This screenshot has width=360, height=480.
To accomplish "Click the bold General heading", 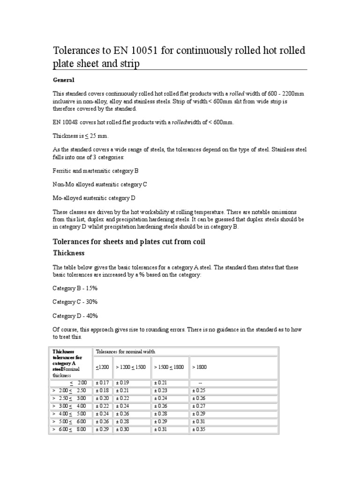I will tap(63, 80).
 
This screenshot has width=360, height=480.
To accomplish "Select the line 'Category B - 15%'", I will tap(75, 288).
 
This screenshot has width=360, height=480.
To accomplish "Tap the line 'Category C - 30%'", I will tap(75, 302).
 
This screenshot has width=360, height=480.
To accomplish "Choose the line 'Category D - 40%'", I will tap(75, 316).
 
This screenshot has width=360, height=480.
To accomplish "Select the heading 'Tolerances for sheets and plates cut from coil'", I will tap(129, 242).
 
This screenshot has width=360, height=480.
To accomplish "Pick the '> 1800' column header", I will tap(199, 367).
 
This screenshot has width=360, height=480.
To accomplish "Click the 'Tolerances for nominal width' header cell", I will tap(125, 351).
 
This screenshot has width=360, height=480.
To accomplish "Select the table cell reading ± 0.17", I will tap(102, 383).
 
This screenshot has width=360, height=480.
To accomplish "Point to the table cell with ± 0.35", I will tap(199, 429).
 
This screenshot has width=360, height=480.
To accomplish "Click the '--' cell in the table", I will tap(200, 383).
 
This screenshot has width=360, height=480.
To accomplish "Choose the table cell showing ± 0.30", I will tap(122, 429).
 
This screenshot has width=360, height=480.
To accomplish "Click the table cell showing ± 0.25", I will tap(199, 391).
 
